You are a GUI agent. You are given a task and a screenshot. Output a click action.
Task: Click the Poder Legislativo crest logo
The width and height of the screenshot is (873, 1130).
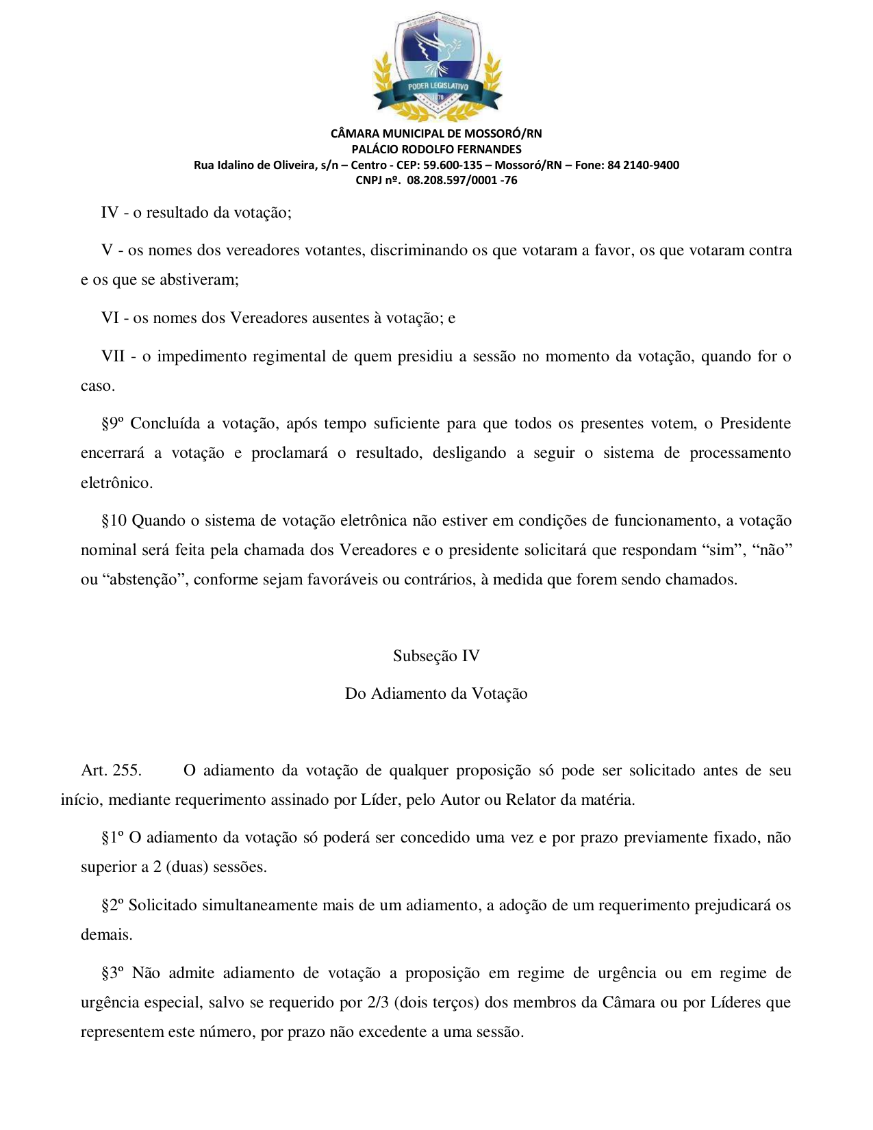(x=437, y=66)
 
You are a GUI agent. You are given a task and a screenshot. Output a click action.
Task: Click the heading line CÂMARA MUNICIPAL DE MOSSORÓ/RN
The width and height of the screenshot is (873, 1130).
(x=436, y=133)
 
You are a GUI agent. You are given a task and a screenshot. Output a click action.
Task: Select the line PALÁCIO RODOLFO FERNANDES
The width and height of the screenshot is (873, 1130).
(x=436, y=149)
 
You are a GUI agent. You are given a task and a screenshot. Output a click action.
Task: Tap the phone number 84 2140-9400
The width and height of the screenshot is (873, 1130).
(x=643, y=165)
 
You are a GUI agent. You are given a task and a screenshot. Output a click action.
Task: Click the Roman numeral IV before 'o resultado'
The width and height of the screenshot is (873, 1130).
(x=110, y=212)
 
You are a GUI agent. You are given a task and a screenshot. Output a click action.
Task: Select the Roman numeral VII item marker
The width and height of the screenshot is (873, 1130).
(x=113, y=356)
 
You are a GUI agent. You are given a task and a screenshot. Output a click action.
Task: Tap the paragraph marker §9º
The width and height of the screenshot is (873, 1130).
(x=112, y=424)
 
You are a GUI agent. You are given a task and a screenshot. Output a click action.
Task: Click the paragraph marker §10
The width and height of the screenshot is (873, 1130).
(x=114, y=521)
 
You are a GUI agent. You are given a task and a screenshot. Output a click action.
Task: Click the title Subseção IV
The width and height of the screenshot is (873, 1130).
(x=436, y=656)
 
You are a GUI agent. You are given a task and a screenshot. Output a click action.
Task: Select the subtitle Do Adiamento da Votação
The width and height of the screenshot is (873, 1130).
(x=436, y=693)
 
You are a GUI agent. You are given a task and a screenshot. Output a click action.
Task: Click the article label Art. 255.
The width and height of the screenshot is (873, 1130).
(x=111, y=770)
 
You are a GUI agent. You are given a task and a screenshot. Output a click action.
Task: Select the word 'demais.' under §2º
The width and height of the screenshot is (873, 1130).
(x=106, y=935)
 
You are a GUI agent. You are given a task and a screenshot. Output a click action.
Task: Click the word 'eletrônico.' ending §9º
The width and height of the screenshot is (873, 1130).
(x=116, y=483)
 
